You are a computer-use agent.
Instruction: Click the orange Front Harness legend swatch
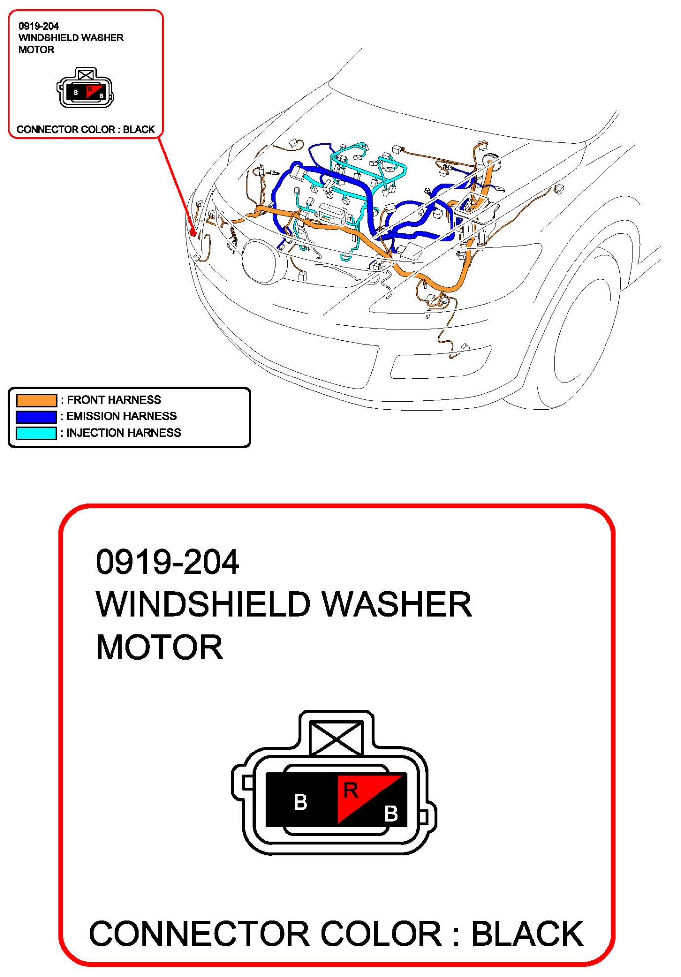coord(37,400)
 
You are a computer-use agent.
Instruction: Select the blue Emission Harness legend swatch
coord(37,416)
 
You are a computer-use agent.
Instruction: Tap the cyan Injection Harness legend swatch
coord(37,433)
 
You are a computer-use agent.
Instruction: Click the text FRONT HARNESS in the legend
coord(114,400)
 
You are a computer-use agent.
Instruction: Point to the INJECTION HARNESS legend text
coord(123,433)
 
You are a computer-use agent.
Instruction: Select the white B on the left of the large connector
coord(301,802)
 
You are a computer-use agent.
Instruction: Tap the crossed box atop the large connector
coord(337,739)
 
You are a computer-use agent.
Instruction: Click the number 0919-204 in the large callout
coord(167,562)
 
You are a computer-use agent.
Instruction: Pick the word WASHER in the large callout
coord(397,604)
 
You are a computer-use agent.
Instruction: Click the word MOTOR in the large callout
coord(159,647)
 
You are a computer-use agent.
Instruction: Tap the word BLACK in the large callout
coord(527,934)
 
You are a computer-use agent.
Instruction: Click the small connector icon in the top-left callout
coord(85,88)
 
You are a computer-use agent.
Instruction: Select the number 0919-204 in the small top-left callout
coord(38,26)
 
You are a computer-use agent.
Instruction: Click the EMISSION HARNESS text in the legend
coord(121,416)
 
